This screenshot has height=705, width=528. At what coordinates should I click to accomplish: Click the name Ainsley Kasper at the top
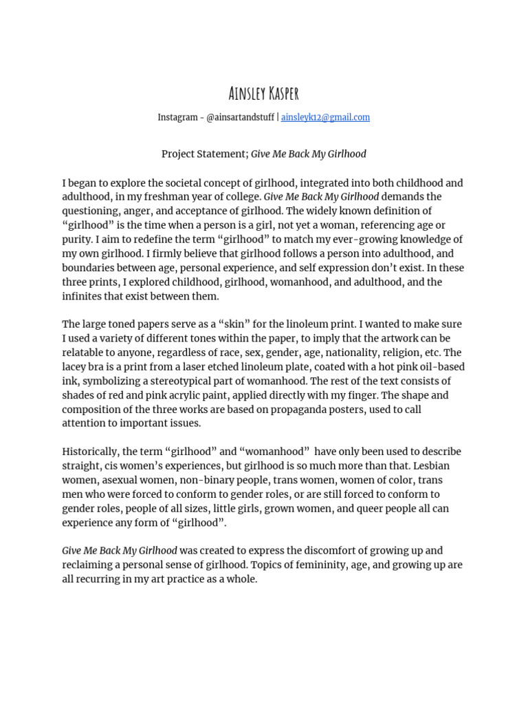pyautogui.click(x=264, y=93)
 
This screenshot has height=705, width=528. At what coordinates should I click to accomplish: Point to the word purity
pyautogui.click(x=79, y=240)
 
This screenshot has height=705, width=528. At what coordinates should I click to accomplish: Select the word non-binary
pyautogui.click(x=218, y=480)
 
